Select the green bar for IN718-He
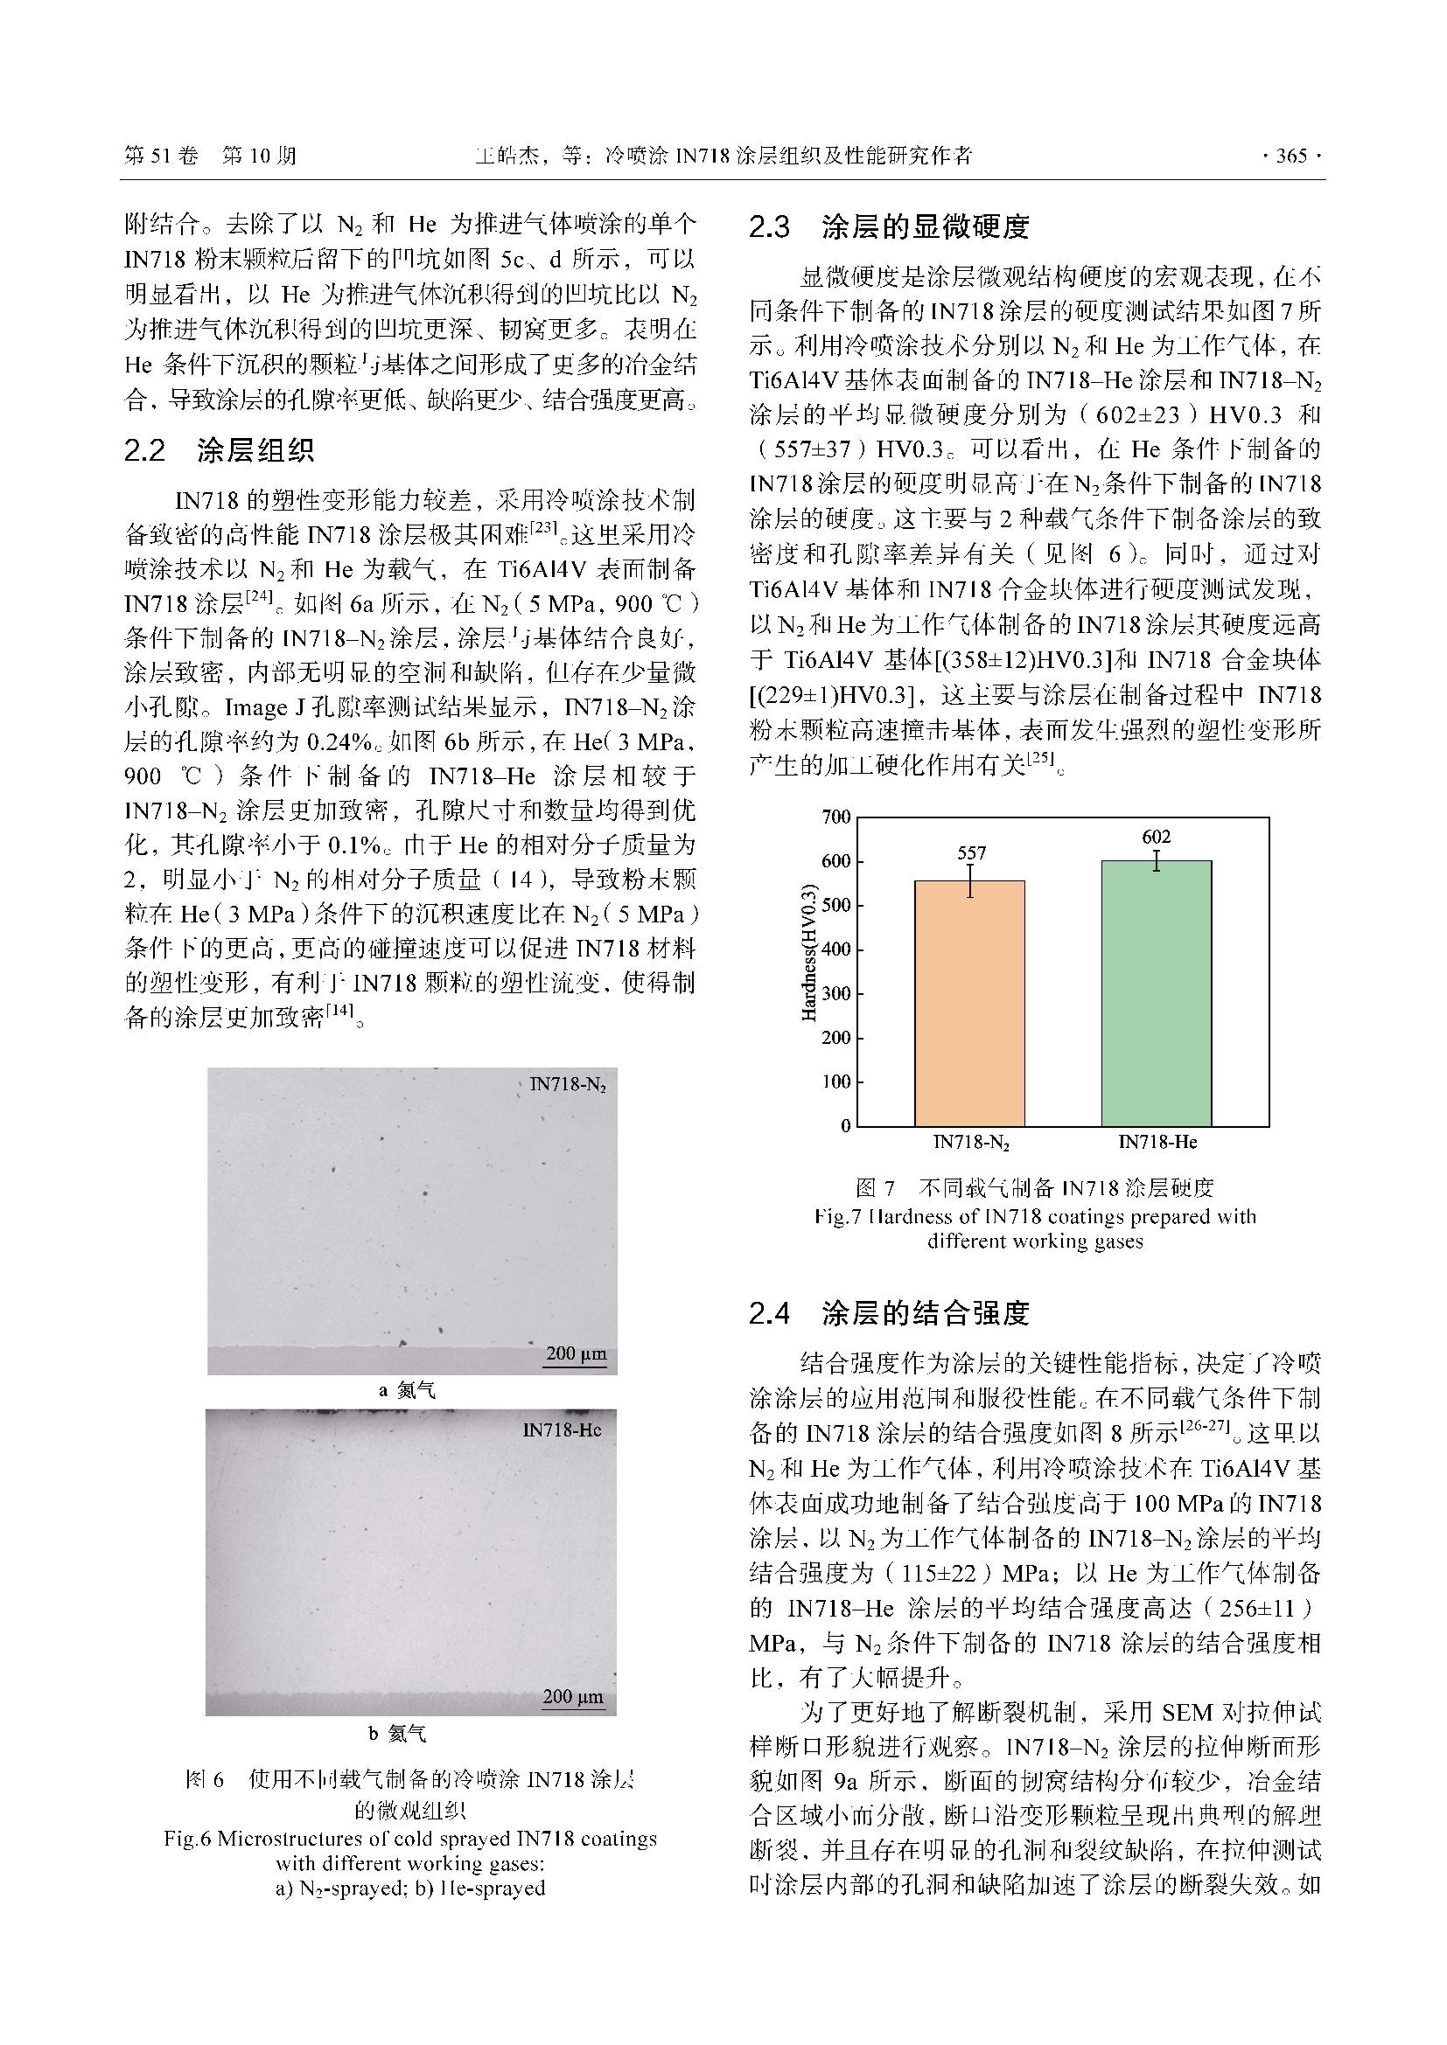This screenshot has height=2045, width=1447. click(x=1156, y=992)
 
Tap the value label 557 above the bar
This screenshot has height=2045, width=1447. click(x=971, y=852)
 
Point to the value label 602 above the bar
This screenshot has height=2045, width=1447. click(x=1156, y=837)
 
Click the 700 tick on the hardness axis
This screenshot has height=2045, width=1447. click(x=836, y=817)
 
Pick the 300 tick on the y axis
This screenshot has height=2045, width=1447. click(x=836, y=993)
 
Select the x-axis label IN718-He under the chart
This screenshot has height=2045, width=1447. click(x=1157, y=1142)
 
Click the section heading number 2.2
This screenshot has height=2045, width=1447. click(x=145, y=450)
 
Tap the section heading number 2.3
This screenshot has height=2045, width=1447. click(x=770, y=228)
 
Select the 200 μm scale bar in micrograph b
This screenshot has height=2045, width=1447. click(x=573, y=1699)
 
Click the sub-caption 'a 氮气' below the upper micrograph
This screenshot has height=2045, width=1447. click(x=408, y=1390)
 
